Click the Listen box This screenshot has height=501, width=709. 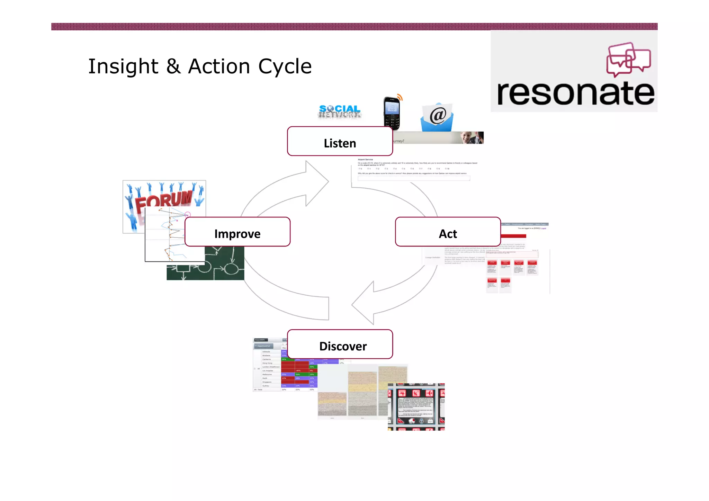(x=340, y=142)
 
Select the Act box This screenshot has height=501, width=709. (x=448, y=232)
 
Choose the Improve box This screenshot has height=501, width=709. (x=237, y=232)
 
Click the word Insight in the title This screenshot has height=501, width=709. (x=123, y=66)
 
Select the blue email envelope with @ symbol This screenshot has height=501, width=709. (x=437, y=118)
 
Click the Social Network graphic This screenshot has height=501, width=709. (x=339, y=111)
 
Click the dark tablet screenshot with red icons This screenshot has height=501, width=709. (x=416, y=407)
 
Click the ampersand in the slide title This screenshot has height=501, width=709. (x=173, y=66)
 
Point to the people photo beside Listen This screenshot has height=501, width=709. (x=472, y=138)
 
